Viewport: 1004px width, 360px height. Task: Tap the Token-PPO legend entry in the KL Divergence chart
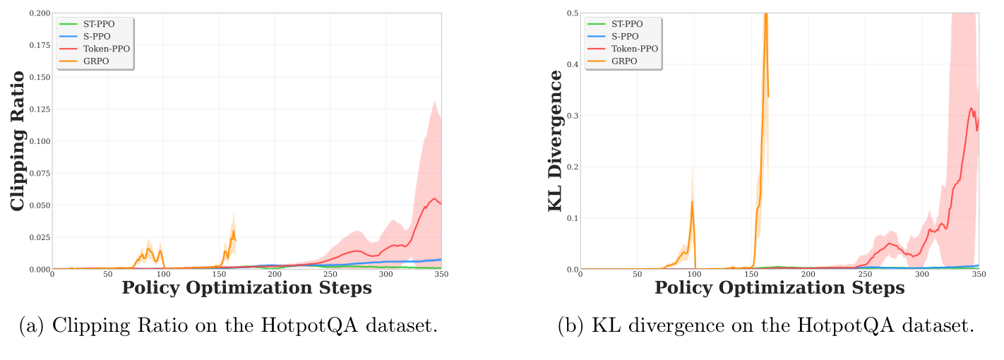[634, 49]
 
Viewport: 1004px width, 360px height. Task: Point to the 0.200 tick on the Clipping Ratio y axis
[40, 13]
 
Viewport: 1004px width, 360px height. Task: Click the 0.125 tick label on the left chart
[40, 109]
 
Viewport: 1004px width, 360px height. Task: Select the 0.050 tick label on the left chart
[40, 205]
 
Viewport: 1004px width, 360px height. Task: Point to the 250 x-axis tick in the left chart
[330, 275]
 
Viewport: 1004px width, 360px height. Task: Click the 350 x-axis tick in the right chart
[979, 275]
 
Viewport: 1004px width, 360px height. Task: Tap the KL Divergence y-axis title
[558, 140]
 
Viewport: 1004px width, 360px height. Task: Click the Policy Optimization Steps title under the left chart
[246, 288]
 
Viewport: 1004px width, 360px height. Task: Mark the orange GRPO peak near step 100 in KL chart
[692, 202]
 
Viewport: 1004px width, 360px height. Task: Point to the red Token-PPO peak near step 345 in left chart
[434, 198]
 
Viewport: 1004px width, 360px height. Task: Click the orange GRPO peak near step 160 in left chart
[233, 231]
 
